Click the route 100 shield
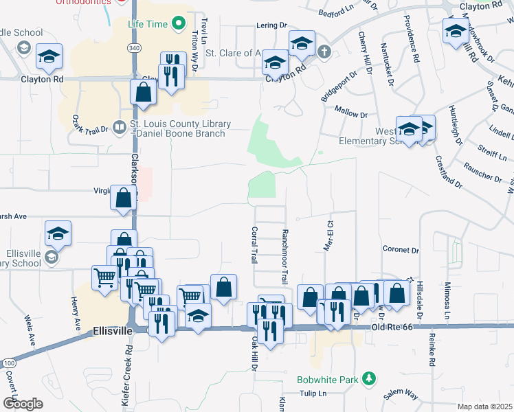click(x=8, y=362)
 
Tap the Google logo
click(x=23, y=403)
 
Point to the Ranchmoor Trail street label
click(x=284, y=257)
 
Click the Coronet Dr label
click(x=401, y=250)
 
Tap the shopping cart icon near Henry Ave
click(x=104, y=278)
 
